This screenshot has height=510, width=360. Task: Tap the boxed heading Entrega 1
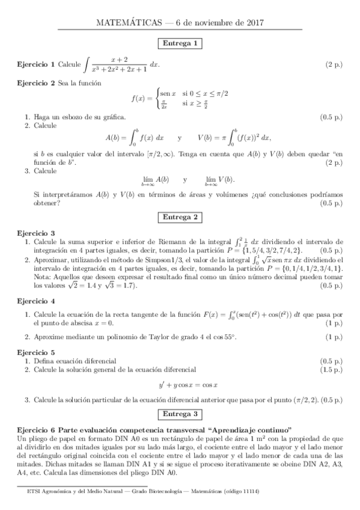pyautogui.click(x=180, y=43)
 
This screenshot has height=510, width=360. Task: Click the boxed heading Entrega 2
pyautogui.click(x=180, y=217)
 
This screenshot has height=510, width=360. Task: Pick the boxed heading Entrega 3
pyautogui.click(x=180, y=414)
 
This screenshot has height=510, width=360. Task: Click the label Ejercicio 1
pyautogui.click(x=36, y=64)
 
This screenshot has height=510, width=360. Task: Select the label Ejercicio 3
pyautogui.click(x=36, y=233)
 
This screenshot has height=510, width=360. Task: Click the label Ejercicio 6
pyautogui.click(x=36, y=429)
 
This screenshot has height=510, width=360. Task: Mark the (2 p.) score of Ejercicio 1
pyautogui.click(x=334, y=64)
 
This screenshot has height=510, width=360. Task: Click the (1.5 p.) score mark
pyautogui.click(x=331, y=369)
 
